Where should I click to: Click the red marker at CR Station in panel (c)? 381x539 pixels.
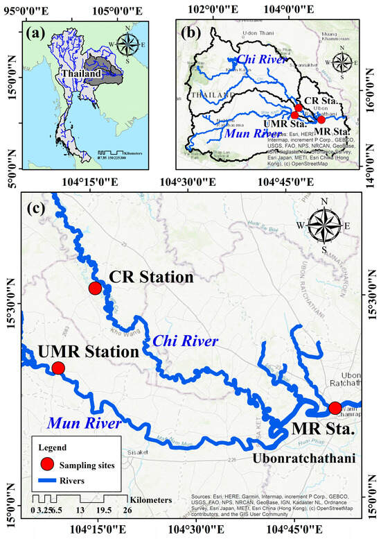click(95, 288)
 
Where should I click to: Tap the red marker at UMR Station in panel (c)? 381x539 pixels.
click(58, 368)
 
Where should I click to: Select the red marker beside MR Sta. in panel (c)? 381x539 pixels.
click(335, 408)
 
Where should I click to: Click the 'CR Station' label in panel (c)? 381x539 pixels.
click(150, 277)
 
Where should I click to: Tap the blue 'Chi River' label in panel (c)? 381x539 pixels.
click(186, 341)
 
